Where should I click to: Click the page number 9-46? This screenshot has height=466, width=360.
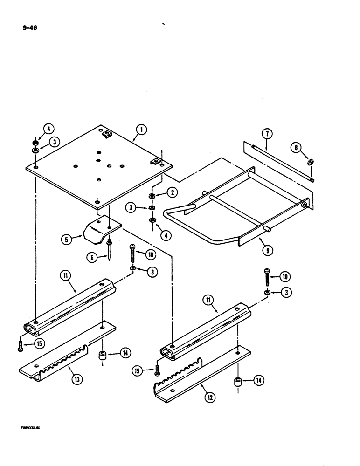point(29,27)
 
